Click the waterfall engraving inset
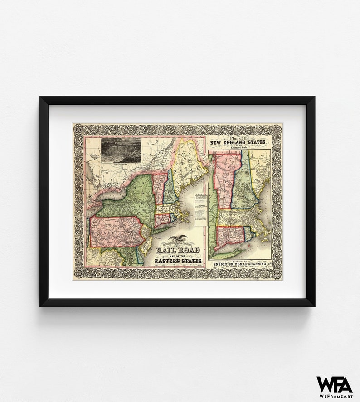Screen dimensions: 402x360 [x=120, y=150]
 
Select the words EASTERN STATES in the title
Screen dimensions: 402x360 [x=178, y=261]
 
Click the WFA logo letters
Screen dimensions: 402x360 [x=334, y=384]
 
